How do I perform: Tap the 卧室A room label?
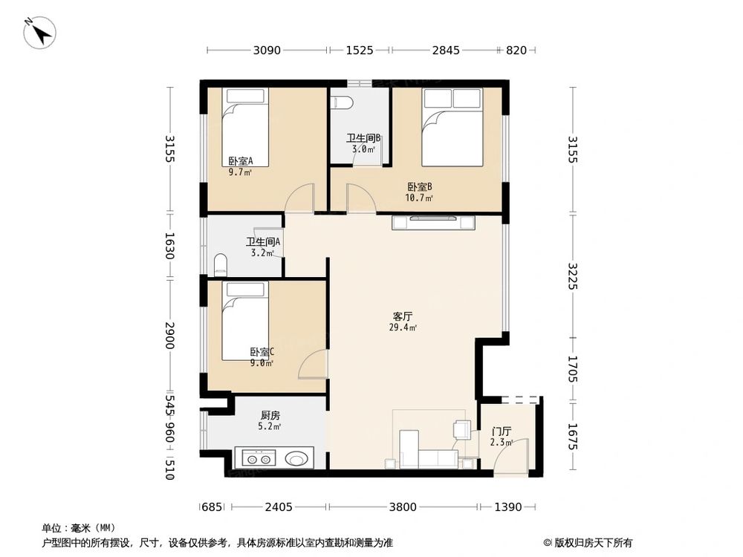[x=240, y=165]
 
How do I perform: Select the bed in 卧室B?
[x=452, y=127]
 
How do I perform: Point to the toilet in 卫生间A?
[x=220, y=265]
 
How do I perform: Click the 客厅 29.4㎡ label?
[x=403, y=321]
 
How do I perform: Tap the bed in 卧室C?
[x=247, y=320]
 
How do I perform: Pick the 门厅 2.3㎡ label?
[x=502, y=436]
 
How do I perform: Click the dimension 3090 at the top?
[x=267, y=51]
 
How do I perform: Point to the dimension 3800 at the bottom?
[x=402, y=507]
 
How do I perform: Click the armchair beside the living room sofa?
[x=461, y=430]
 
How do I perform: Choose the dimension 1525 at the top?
[x=359, y=51]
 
